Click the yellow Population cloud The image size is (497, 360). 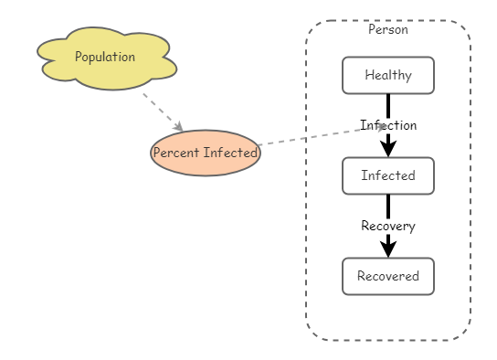(x=105, y=58)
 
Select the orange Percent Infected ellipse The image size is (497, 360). (x=205, y=153)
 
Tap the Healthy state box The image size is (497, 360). (x=387, y=75)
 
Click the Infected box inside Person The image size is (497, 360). (x=387, y=175)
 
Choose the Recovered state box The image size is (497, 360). (x=387, y=276)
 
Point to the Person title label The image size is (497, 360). (x=387, y=29)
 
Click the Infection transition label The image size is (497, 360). (x=387, y=125)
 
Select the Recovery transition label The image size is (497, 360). (x=387, y=226)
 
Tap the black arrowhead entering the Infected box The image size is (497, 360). (x=387, y=148)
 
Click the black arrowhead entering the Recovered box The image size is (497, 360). (x=387, y=249)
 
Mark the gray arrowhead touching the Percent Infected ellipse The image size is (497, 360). (x=179, y=127)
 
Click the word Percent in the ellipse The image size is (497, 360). (x=176, y=153)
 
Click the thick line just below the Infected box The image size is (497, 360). (x=387, y=205)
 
